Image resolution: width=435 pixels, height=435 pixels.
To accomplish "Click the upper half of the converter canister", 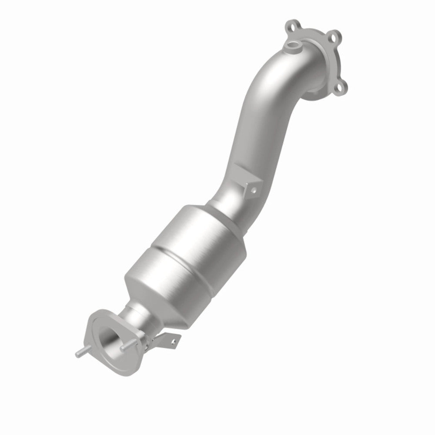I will point(204,235).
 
